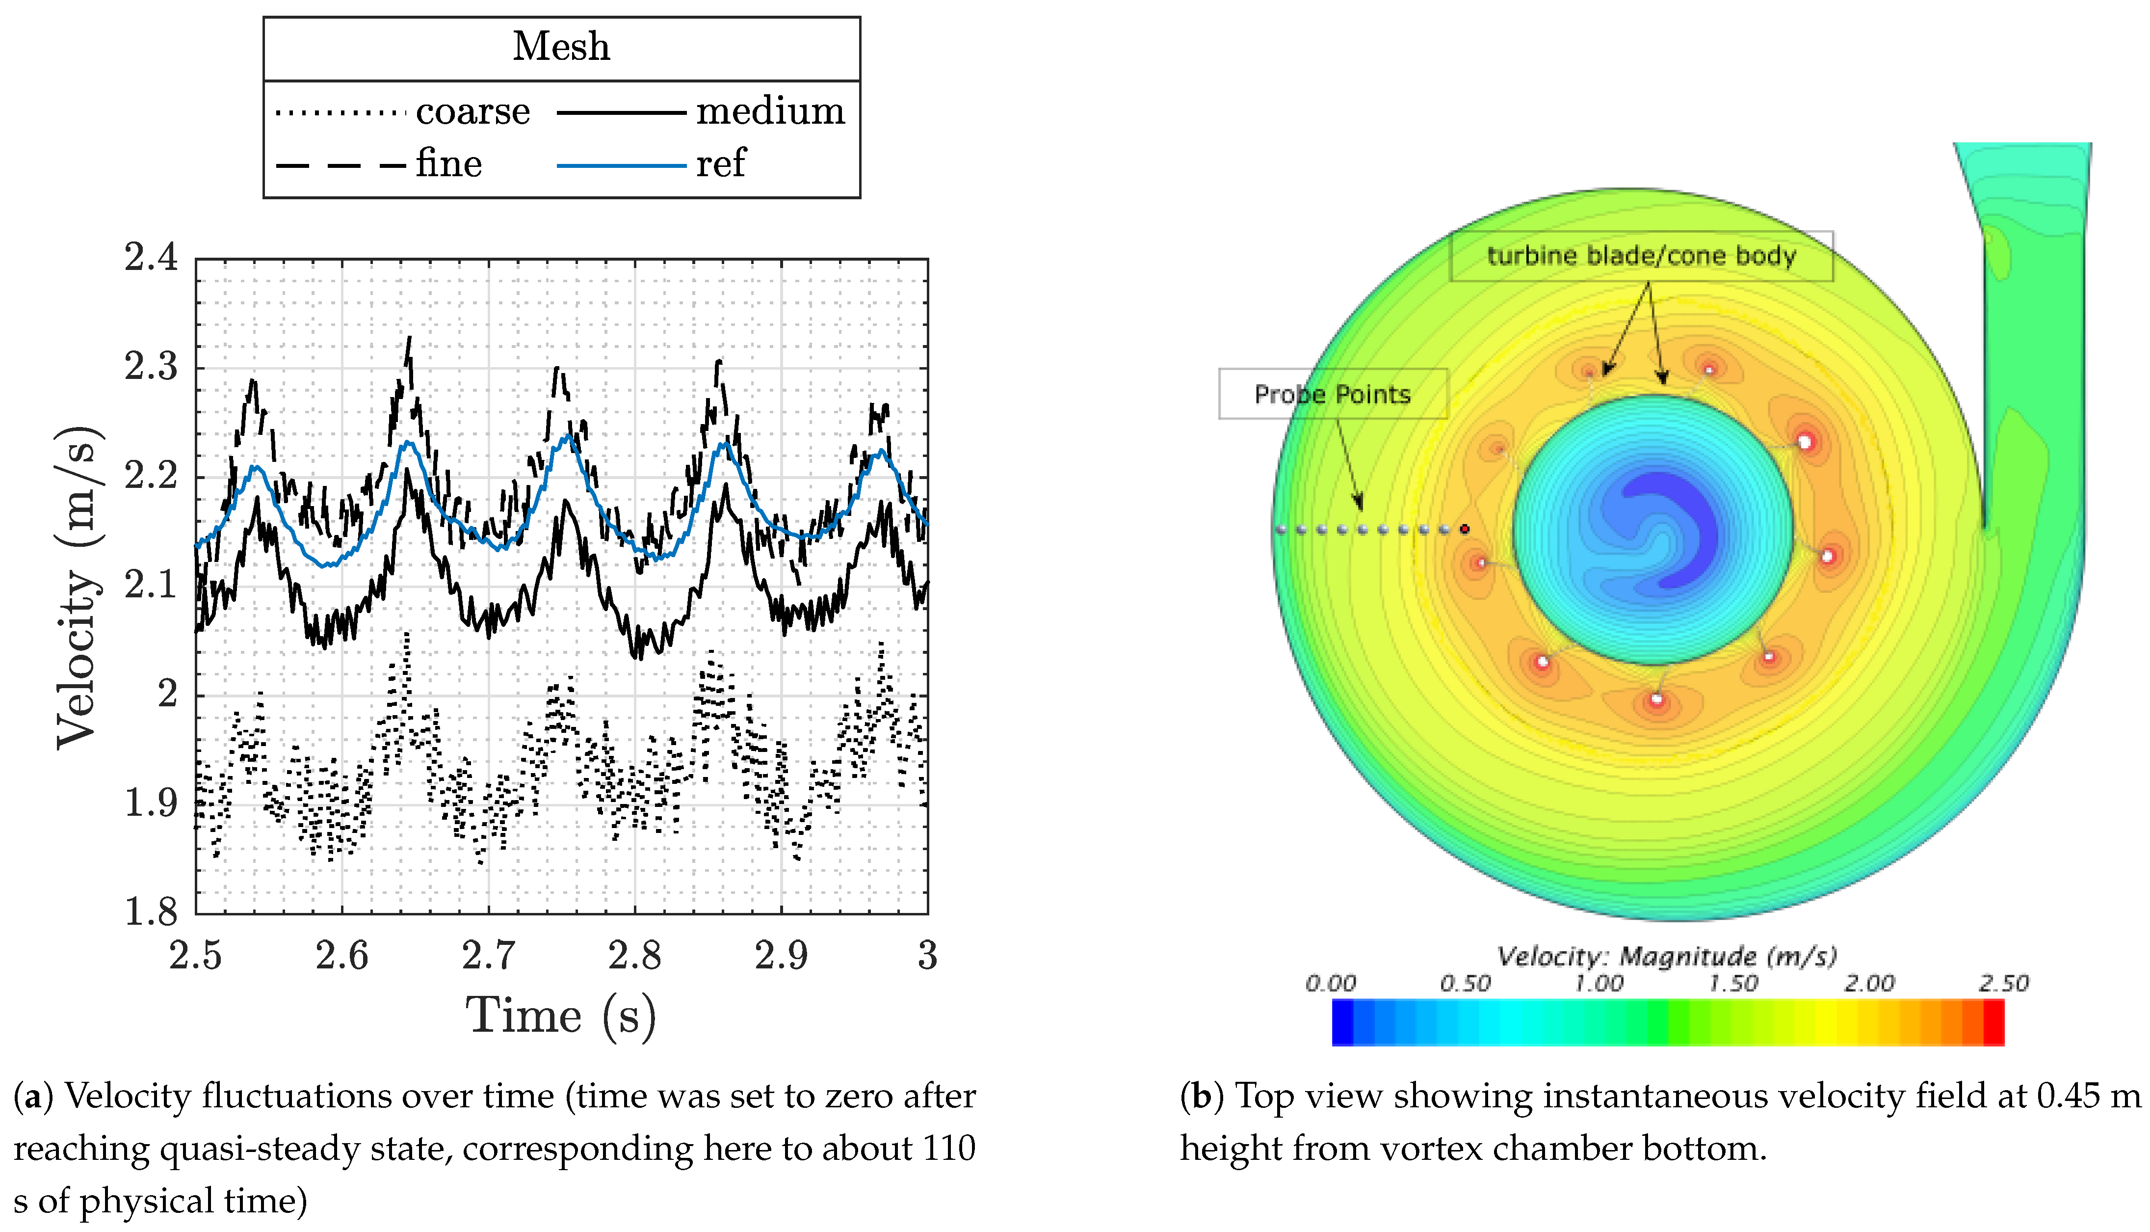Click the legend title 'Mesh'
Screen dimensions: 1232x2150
[561, 47]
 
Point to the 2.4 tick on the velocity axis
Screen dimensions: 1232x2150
[152, 257]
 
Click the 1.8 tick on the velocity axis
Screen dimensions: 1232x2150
[152, 912]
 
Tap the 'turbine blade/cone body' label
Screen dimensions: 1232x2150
[1641, 256]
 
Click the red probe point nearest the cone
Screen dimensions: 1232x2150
[1465, 530]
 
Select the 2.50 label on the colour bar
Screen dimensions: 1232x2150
[2003, 983]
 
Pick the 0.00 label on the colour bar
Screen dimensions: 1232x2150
[1331, 983]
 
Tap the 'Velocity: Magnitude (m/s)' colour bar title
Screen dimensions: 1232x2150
[1666, 956]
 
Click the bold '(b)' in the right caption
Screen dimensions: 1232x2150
[1201, 1096]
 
